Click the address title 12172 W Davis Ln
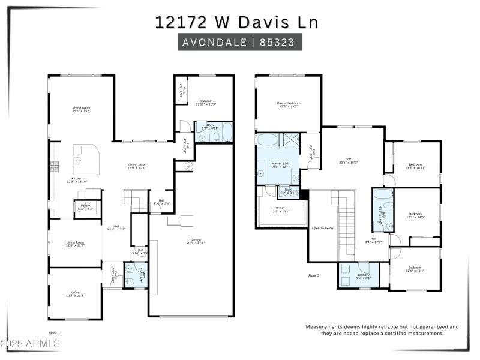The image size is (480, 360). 236,22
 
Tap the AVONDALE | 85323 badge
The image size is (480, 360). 239,43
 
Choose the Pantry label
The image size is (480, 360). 82,207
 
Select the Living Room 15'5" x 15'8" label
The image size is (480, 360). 81,109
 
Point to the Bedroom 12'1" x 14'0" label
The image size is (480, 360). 416,215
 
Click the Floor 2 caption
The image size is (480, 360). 314,275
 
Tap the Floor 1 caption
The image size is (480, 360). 55,332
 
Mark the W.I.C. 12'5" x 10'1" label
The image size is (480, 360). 280,210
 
